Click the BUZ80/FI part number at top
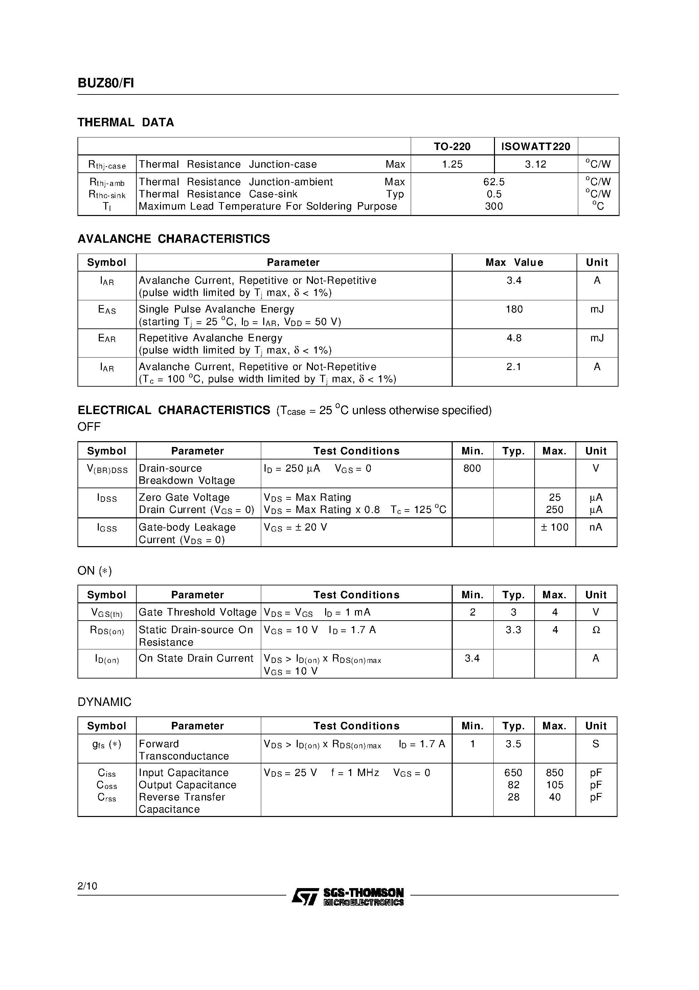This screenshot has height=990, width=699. point(106,83)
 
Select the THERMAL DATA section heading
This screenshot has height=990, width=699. point(126,123)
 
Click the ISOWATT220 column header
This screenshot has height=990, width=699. point(535,147)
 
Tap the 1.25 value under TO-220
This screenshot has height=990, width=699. point(452,164)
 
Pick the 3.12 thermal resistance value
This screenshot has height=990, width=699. point(535,164)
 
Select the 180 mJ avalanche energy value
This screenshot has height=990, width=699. point(514,309)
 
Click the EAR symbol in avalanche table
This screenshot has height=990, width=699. point(107,339)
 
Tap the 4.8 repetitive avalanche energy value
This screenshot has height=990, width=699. point(514,338)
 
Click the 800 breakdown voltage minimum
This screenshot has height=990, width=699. point(472,468)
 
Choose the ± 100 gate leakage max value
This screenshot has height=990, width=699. point(554,528)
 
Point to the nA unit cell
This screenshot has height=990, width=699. point(595,528)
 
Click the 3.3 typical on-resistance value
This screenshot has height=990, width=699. point(513,630)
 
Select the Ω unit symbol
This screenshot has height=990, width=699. point(595,630)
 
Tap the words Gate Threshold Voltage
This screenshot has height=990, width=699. point(197,612)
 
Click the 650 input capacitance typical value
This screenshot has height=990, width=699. point(513,773)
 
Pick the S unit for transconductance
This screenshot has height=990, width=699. point(595,744)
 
